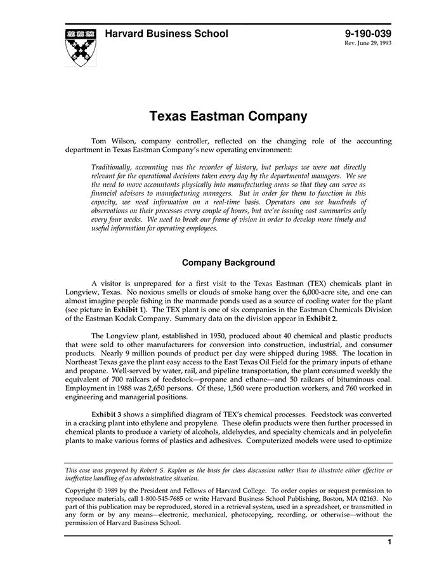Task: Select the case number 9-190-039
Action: (368, 34)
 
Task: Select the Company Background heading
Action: (228, 262)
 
